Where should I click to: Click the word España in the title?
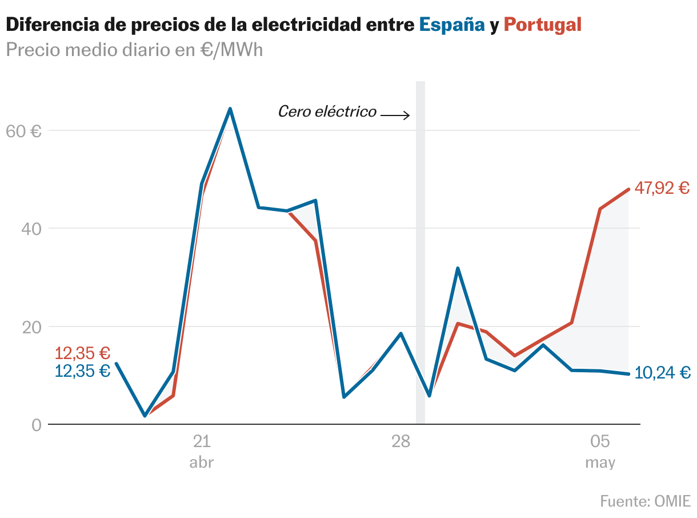pyautogui.click(x=451, y=25)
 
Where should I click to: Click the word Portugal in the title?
pyautogui.click(x=542, y=25)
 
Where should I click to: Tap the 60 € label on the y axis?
pyautogui.click(x=23, y=131)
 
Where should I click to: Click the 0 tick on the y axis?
pyautogui.click(x=37, y=425)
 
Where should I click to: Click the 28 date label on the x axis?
pyautogui.click(x=401, y=441)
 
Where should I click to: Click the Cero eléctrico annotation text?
pyautogui.click(x=327, y=111)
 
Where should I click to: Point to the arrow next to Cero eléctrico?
pyautogui.click(x=395, y=115)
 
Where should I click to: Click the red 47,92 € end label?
pyautogui.click(x=662, y=188)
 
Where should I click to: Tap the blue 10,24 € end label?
pyautogui.click(x=663, y=373)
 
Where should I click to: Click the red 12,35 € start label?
pyautogui.click(x=82, y=353)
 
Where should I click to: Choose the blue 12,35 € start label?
pyautogui.click(x=82, y=370)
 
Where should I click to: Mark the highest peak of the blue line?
pyautogui.click(x=230, y=109)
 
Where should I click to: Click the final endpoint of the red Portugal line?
pyautogui.click(x=628, y=189)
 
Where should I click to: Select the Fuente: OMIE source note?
pyautogui.click(x=645, y=501)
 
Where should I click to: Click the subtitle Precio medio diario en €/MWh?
pyautogui.click(x=134, y=50)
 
